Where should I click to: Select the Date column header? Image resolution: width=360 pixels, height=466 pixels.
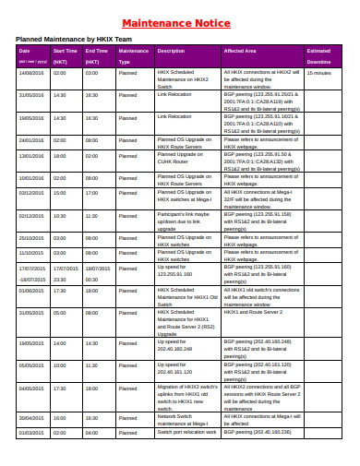[25, 51]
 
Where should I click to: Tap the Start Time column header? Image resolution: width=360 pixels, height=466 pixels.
[65, 51]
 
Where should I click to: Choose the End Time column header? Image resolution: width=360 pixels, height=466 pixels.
[97, 51]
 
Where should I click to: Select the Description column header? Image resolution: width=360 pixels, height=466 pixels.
[172, 51]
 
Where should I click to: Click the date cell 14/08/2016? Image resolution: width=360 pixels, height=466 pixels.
[30, 71]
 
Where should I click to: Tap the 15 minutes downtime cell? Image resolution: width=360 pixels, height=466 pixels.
[318, 71]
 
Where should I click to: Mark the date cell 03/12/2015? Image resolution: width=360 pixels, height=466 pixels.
[30, 193]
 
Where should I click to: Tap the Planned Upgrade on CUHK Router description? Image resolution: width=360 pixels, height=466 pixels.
[185, 158]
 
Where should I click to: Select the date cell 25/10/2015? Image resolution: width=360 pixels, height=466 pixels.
[30, 238]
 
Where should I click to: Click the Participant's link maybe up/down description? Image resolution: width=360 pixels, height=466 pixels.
[186, 221]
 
